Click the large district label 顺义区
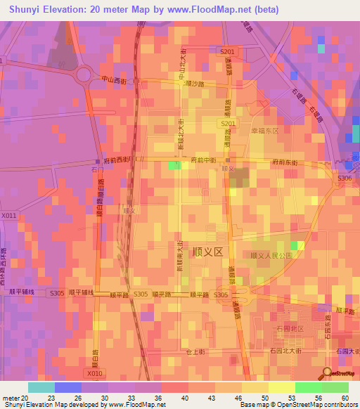point(208,251)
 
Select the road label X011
point(8,216)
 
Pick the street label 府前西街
point(117,160)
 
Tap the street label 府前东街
point(284,162)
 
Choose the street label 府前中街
point(203,161)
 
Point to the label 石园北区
point(290,328)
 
